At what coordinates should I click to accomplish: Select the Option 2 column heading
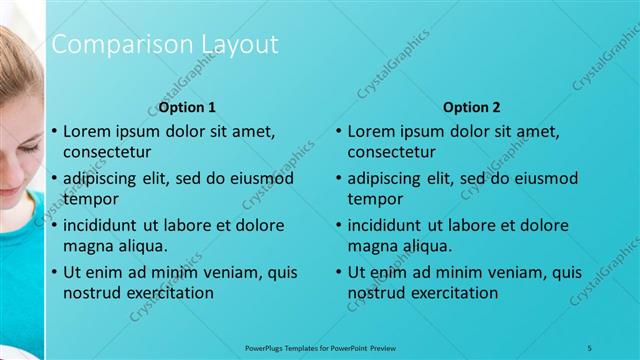(472, 107)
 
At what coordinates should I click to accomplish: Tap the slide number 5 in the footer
(590, 346)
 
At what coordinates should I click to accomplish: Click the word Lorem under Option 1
(86, 131)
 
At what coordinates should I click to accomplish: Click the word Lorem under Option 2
(371, 131)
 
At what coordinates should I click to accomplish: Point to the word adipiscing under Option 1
(104, 178)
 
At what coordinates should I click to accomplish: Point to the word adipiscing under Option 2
(389, 178)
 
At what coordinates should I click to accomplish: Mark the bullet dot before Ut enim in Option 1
(54, 272)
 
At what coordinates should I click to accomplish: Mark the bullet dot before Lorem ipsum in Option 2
(339, 131)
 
